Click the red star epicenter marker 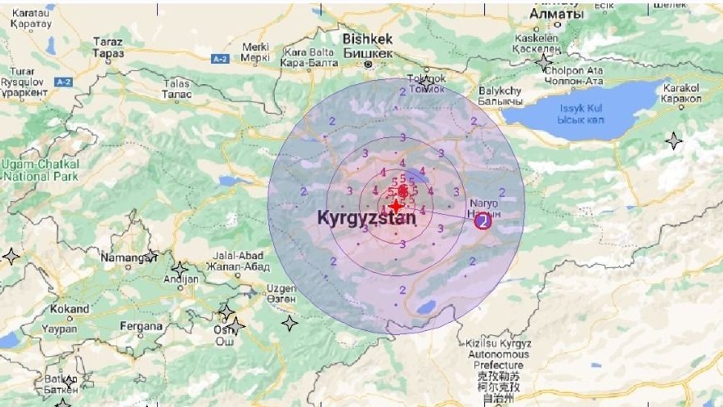pyautogui.click(x=397, y=206)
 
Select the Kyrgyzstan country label pyautogui.click(x=366, y=218)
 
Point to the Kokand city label pyautogui.click(x=70, y=310)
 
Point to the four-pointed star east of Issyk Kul pyautogui.click(x=673, y=141)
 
